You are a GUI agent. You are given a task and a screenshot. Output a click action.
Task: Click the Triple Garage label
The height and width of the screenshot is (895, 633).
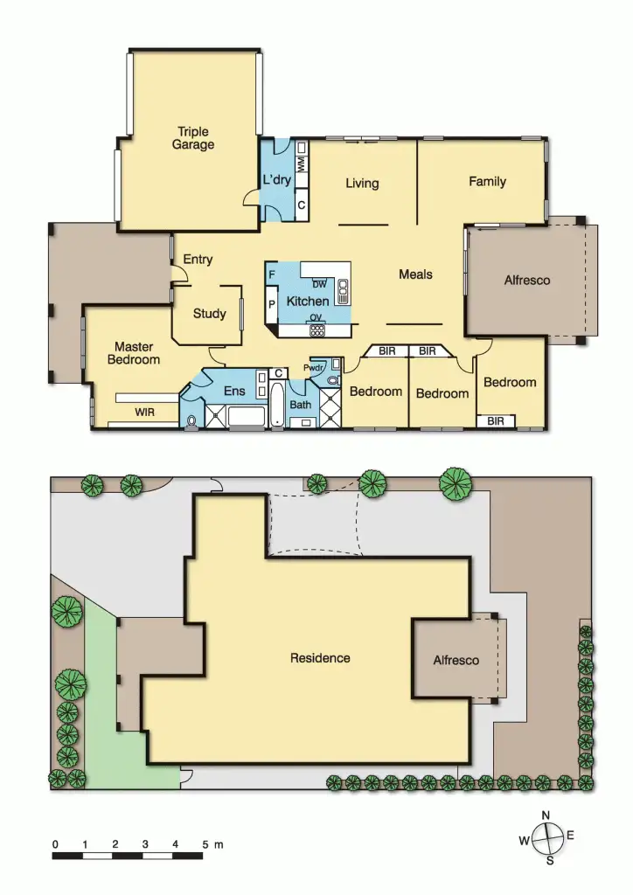pyautogui.click(x=192, y=139)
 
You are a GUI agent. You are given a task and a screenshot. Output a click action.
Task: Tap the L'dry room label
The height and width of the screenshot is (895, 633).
pyautogui.click(x=276, y=181)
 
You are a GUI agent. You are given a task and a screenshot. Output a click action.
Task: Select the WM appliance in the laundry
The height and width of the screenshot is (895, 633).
pyautogui.click(x=301, y=163)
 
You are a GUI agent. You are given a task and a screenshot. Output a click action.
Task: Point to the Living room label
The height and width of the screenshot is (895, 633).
pyautogui.click(x=362, y=183)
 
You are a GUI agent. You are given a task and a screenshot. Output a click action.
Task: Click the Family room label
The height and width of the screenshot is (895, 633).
pyautogui.click(x=487, y=182)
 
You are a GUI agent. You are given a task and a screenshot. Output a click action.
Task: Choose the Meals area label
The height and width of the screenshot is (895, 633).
pyautogui.click(x=415, y=274)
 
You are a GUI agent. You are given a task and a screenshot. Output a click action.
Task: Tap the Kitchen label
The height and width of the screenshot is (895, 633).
pyautogui.click(x=308, y=302)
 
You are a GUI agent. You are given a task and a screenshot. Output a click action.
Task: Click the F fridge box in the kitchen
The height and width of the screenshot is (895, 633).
pyautogui.click(x=272, y=274)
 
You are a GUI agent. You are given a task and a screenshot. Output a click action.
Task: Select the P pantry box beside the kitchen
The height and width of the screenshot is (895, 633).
pyautogui.click(x=271, y=304)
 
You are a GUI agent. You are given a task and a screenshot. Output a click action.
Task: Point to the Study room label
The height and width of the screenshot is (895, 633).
pyautogui.click(x=209, y=313)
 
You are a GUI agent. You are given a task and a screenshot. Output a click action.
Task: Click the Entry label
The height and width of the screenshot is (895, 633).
pyautogui.click(x=198, y=260)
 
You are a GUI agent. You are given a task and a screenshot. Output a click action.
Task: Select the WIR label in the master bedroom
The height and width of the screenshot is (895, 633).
pyautogui.click(x=145, y=411)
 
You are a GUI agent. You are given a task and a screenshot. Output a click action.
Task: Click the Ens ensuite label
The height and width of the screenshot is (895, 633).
pyautogui.click(x=234, y=391)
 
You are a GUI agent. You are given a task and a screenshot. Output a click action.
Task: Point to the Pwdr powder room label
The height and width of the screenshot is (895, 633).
pyautogui.click(x=315, y=368)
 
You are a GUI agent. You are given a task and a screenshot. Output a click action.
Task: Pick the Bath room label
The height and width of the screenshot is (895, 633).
pyautogui.click(x=300, y=405)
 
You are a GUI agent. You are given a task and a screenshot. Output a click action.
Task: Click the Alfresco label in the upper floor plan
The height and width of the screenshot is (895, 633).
pyautogui.click(x=527, y=281)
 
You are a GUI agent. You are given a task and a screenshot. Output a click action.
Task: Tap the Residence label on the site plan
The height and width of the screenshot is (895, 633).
pyautogui.click(x=320, y=658)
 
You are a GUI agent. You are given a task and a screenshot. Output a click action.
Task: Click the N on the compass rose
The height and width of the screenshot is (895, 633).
pyautogui.click(x=546, y=815)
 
